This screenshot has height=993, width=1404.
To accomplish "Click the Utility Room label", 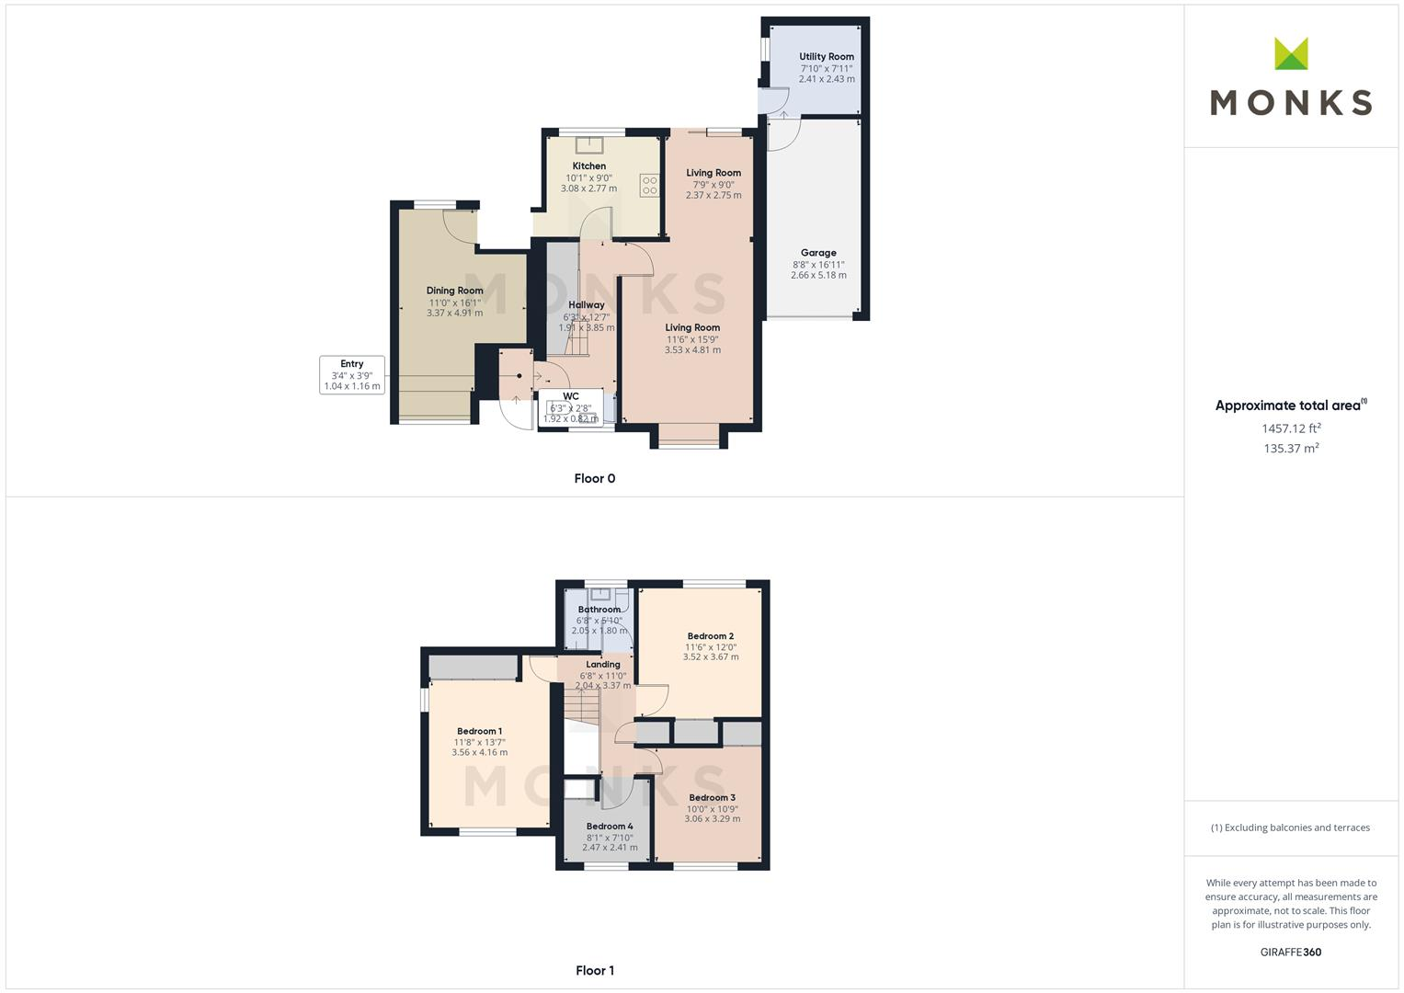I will pyautogui.click(x=826, y=57).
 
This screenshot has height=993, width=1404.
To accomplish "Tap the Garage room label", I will pyautogui.click(x=818, y=253).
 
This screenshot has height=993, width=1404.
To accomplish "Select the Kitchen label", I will pyautogui.click(x=588, y=166).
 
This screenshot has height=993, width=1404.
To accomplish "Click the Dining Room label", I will pyautogui.click(x=454, y=291).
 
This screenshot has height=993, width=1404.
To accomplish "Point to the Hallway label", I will pyautogui.click(x=587, y=305).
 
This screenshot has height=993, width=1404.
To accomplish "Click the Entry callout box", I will pyautogui.click(x=352, y=375).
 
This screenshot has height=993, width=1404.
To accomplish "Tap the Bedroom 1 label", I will pyautogui.click(x=479, y=731).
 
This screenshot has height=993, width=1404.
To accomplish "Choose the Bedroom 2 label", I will pyautogui.click(x=710, y=636).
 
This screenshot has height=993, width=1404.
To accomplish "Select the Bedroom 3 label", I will pyautogui.click(x=712, y=798).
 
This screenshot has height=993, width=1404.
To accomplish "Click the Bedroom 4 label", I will pyautogui.click(x=610, y=827).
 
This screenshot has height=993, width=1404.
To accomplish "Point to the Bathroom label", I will pyautogui.click(x=599, y=610).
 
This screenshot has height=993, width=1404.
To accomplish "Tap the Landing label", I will pyautogui.click(x=603, y=665).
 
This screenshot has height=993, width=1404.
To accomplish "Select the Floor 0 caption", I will pyautogui.click(x=594, y=478).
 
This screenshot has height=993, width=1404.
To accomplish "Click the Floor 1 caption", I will pyautogui.click(x=594, y=970).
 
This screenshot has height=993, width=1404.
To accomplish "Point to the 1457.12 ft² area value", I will pyautogui.click(x=1291, y=428).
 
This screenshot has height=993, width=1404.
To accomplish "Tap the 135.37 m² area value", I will pyautogui.click(x=1291, y=449).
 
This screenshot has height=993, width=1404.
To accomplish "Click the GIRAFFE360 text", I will pyautogui.click(x=1290, y=953).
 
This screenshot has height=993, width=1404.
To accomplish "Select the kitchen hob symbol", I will pyautogui.click(x=650, y=185).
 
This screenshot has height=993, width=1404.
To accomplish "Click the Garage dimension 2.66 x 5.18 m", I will pyautogui.click(x=818, y=275).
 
